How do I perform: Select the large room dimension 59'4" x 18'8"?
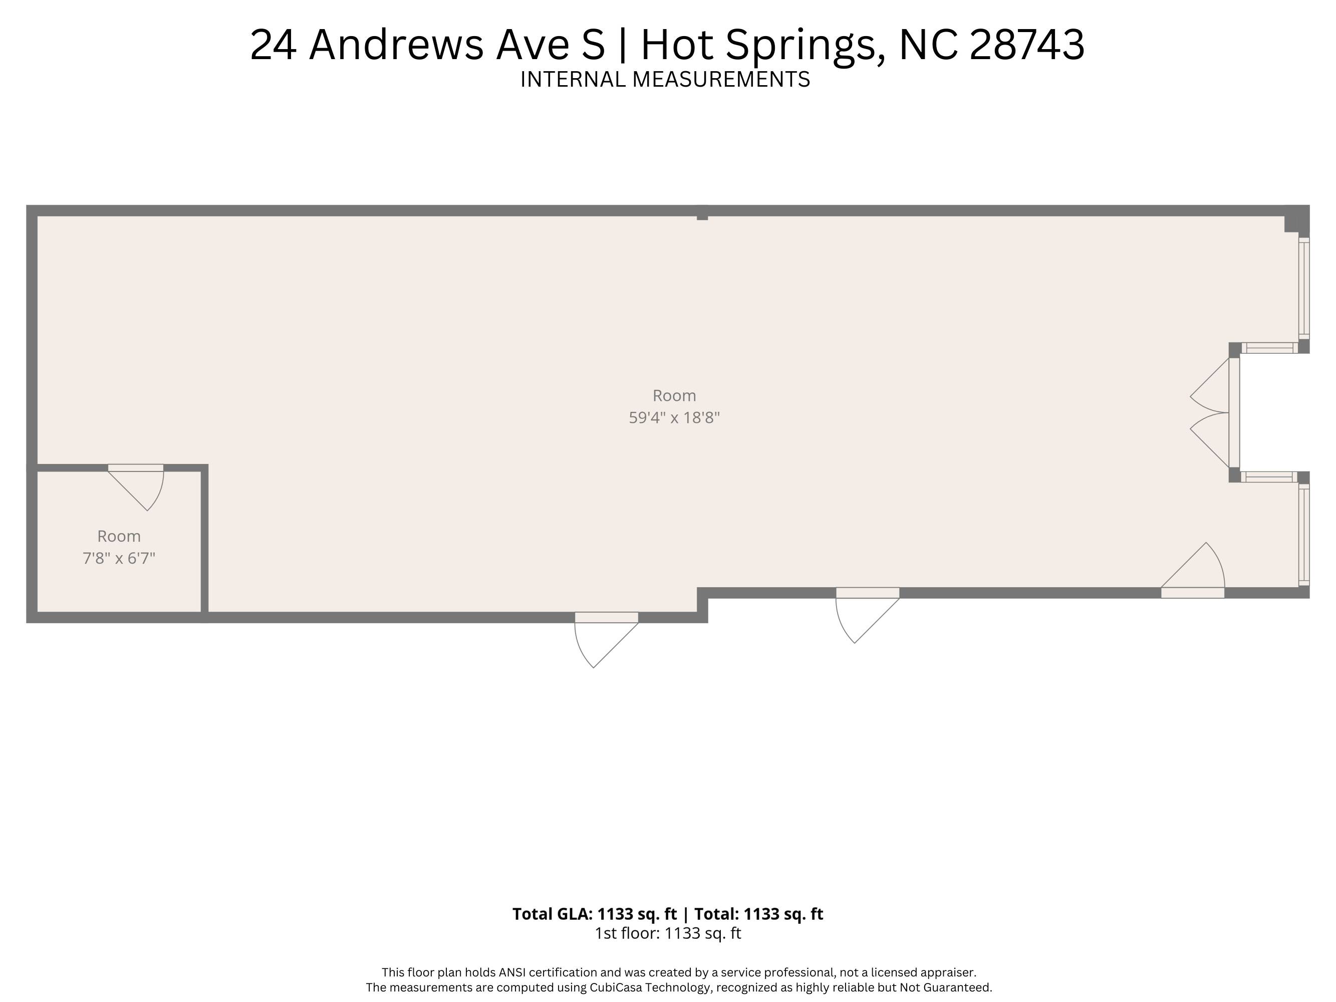(x=674, y=418)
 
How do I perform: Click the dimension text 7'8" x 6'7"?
(x=119, y=558)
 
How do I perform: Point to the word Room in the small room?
(x=119, y=537)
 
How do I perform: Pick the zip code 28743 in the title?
(x=1027, y=45)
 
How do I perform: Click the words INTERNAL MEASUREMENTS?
(x=665, y=80)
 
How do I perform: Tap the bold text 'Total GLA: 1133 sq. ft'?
(x=595, y=914)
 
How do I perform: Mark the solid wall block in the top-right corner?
(x=1297, y=221)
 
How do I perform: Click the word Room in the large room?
(x=674, y=396)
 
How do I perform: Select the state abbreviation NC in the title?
(x=928, y=45)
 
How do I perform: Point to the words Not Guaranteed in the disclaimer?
(x=946, y=987)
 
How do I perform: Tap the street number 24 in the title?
(x=274, y=45)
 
